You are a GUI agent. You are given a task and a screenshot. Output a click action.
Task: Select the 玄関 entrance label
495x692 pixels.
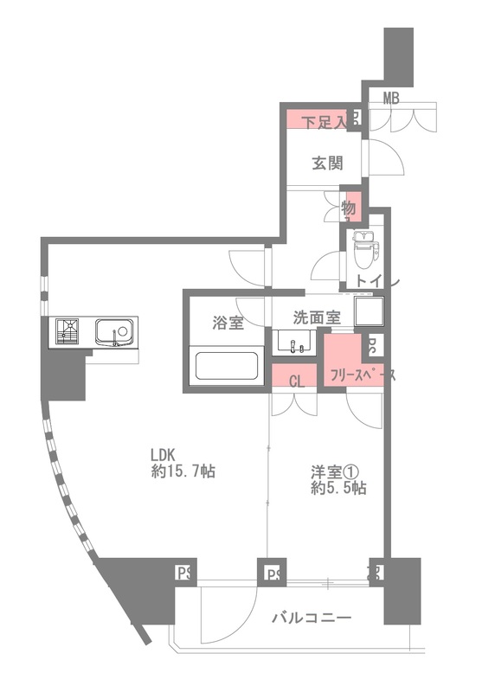tap(325, 161)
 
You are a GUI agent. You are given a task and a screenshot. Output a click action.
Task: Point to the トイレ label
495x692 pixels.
tap(373, 281)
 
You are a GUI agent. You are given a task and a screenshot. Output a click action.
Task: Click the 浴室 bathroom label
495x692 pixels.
tap(228, 324)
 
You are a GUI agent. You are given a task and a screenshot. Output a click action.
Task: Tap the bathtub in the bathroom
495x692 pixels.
tap(228, 366)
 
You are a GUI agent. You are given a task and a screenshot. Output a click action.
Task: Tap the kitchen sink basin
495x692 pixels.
tap(113, 331)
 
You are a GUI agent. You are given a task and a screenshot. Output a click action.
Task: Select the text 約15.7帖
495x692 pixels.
tap(183, 472)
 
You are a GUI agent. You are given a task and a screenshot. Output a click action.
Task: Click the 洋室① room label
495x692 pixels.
tap(335, 471)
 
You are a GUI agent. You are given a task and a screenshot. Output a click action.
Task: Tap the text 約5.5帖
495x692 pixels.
tap(337, 488)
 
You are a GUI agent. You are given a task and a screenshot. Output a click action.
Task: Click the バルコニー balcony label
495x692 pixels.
tap(311, 618)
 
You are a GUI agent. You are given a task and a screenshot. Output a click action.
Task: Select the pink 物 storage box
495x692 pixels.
tap(350, 208)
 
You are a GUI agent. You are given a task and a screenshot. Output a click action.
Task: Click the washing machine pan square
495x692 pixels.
tap(366, 312)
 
